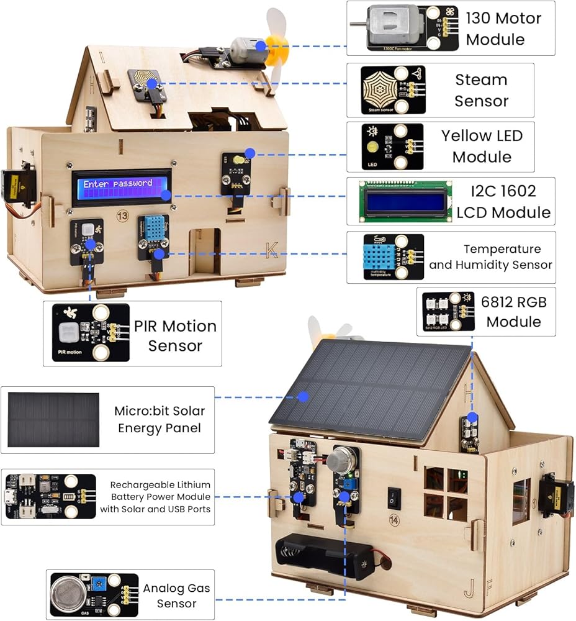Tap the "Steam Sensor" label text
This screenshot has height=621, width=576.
(481, 90)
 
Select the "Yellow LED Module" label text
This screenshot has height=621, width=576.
(482, 146)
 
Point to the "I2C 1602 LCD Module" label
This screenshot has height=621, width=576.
(503, 202)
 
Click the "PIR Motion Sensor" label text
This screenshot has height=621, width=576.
(176, 335)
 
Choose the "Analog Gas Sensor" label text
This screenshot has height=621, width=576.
(176, 596)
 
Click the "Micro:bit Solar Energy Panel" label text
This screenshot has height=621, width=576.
(159, 419)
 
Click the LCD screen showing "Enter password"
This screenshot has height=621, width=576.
(121, 188)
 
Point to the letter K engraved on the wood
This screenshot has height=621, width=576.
(271, 250)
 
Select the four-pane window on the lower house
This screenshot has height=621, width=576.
(446, 494)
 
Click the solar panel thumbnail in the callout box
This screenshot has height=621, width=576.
(53, 419)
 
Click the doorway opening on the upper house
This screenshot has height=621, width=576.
(208, 251)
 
